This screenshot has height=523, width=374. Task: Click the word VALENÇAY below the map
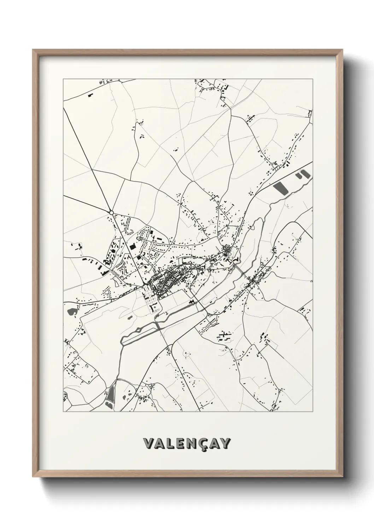point(187,443)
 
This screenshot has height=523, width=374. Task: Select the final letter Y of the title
point(226,443)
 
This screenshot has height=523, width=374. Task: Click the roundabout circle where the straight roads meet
point(111,212)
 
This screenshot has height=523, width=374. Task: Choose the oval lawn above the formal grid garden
point(145,290)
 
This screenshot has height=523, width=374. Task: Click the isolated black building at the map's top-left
point(89,95)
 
